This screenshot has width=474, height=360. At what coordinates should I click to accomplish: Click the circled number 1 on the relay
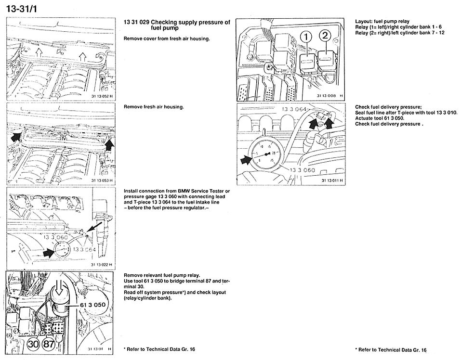[306, 37]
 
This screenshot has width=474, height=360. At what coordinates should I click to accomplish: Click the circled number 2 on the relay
[325, 35]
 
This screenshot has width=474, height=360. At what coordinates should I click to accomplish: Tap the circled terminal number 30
[33, 344]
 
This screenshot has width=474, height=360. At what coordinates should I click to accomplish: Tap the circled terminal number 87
[49, 344]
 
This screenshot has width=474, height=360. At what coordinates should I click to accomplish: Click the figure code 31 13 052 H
[101, 96]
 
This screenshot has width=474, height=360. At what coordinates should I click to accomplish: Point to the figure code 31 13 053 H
[101, 180]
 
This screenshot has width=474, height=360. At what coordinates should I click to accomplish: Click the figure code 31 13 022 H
[101, 265]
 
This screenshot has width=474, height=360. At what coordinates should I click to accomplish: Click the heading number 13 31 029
[136, 22]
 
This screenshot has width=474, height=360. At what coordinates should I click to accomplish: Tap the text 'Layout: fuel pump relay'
[382, 22]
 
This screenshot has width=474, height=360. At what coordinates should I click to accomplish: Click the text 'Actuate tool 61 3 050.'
[380, 118]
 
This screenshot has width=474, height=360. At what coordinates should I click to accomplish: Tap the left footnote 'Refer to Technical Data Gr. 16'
[161, 349]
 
